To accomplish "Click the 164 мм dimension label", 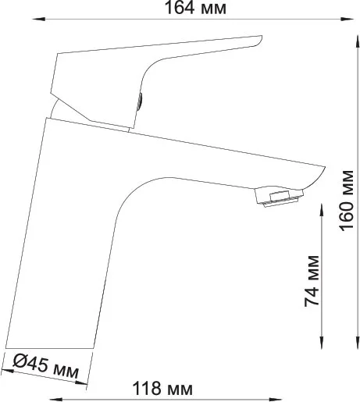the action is pyautogui.click(x=195, y=8).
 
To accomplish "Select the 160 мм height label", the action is pyautogui.click(x=347, y=201).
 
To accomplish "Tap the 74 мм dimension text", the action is pyautogui.click(x=312, y=281).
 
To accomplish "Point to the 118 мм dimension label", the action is pyautogui.click(x=162, y=389).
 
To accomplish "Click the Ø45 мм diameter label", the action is pyautogui.click(x=46, y=366).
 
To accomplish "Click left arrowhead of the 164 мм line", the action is pyautogui.click(x=38, y=19).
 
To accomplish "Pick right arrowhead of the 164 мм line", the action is pyautogui.click(x=348, y=19).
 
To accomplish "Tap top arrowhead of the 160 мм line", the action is pyautogui.click(x=358, y=42).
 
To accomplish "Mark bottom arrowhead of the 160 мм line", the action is pyautogui.click(x=358, y=342).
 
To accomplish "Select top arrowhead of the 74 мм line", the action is pyautogui.click(x=322, y=210).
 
